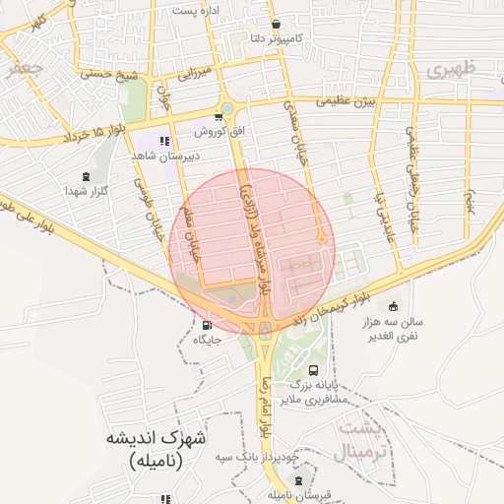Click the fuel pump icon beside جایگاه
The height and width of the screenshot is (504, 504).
point(206,325)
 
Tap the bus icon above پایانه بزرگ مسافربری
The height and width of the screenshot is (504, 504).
point(313,371)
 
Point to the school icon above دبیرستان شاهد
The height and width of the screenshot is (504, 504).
point(164,141)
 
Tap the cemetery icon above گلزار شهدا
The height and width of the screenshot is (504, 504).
point(88,176)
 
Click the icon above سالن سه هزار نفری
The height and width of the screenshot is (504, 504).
point(394,306)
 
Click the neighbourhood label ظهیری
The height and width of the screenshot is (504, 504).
point(452,69)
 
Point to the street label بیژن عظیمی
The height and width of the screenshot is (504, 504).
point(346,101)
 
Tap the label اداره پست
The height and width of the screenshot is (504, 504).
point(194,10)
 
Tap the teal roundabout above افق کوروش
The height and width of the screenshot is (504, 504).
point(227,108)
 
